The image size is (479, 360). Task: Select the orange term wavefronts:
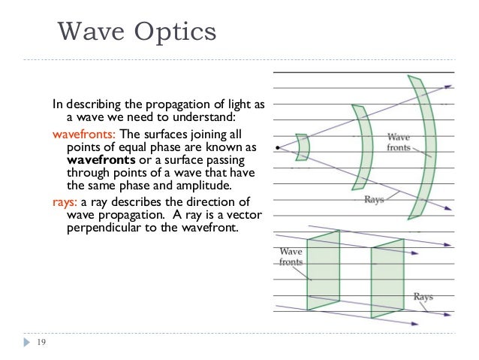(x=83, y=133)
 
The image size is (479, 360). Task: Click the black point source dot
(x=278, y=148)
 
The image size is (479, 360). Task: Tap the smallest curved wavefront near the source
(x=302, y=147)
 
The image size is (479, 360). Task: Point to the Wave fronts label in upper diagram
(x=398, y=142)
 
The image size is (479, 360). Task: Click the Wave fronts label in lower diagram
(x=291, y=257)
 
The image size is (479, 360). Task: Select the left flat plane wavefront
(x=324, y=271)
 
